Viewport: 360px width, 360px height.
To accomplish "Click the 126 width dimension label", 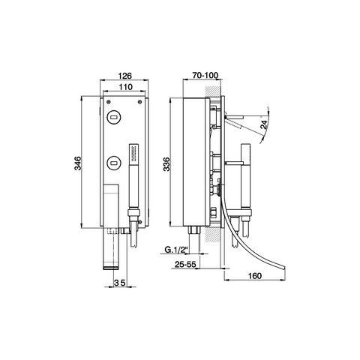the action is coord(124,75).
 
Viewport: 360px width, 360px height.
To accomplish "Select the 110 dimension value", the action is coord(125,87).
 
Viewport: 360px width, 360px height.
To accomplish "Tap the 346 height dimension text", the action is coord(78,163).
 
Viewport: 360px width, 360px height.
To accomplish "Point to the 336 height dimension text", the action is coord(166,164).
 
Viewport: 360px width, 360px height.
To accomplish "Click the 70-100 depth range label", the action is coord(205,75).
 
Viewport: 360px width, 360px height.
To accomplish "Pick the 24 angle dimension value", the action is coord(264,124).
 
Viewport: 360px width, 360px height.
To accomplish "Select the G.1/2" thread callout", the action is coord(176,249).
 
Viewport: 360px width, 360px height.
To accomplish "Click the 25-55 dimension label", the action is coord(185,264).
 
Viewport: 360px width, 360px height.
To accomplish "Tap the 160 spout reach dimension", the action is coord(255,276).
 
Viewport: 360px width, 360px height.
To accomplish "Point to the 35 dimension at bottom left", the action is coord(120,283).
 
